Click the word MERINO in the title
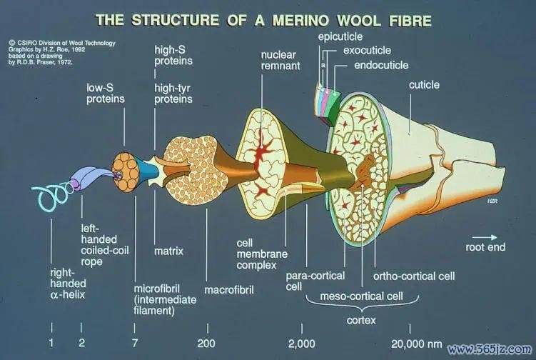tap(301, 21)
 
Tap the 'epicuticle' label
tap(340, 36)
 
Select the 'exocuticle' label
tap(367, 50)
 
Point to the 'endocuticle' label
tap(381, 65)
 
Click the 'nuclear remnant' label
tap(280, 60)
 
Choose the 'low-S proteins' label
tap(106, 94)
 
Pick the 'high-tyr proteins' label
tap(173, 94)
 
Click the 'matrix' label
tap(168, 251)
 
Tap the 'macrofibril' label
tap(229, 290)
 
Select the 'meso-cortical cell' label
tap(361, 296)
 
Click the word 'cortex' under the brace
tap(361, 320)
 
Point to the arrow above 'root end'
tap(485, 237)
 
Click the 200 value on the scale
tap(206, 344)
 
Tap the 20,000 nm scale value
tap(417, 344)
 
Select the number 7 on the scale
tap(135, 344)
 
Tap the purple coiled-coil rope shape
tap(86, 178)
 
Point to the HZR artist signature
tap(492, 201)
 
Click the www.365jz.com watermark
tap(490, 349)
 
